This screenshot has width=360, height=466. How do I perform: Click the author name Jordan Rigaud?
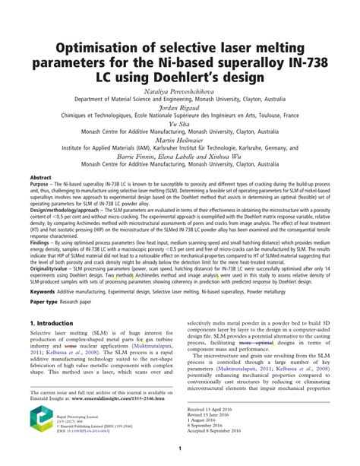tap(179, 107)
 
